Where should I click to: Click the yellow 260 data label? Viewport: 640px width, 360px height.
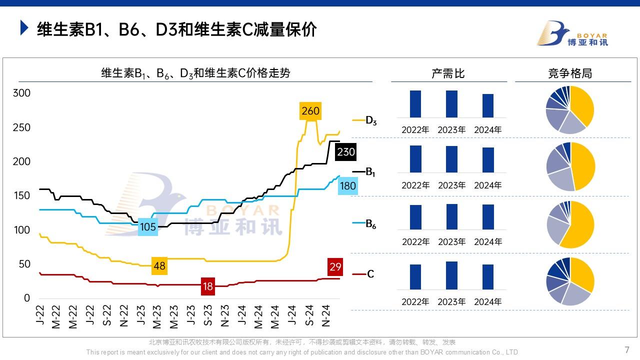310,111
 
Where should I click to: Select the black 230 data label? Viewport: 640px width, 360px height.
345,151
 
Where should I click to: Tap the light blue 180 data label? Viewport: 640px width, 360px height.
347,186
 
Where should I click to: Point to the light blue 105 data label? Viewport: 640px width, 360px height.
148,227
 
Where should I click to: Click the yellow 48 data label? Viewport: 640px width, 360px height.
159,266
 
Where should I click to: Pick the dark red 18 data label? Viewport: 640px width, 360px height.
207,286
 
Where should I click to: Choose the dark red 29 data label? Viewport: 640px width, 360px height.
335,267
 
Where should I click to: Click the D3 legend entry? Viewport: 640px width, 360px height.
370,120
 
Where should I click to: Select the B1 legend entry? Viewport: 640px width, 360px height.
370,172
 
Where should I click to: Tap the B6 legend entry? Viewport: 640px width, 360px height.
370,224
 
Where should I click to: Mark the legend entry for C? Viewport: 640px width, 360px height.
370,274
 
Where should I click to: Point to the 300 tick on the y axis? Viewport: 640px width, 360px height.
21,93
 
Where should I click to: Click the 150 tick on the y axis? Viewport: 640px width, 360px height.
21,195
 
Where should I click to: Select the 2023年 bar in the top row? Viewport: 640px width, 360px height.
451,104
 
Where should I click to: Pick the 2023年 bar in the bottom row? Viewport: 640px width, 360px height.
451,275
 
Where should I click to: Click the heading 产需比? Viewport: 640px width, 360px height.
448,73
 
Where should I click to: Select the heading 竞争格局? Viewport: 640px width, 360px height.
570,73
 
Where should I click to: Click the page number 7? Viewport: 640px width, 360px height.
627,350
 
